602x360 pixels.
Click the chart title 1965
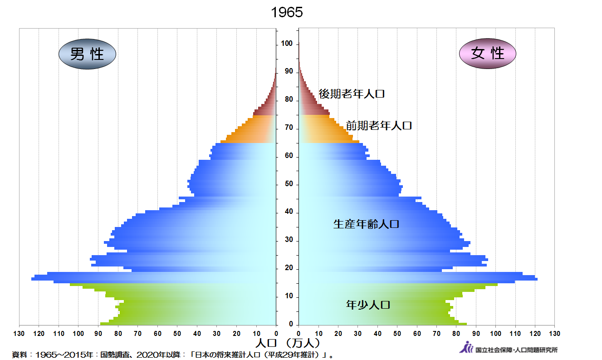287,12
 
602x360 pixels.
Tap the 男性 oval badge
87,54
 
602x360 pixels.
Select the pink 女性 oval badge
488,54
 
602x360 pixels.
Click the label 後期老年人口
352,94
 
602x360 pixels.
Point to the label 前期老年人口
379,125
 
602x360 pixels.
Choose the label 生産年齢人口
366,224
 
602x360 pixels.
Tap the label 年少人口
368,305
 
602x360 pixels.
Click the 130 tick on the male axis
19,334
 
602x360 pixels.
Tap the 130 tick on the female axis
554,334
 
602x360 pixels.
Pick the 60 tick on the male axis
157,334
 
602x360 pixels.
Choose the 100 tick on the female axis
495,334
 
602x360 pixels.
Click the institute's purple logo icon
466,348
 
